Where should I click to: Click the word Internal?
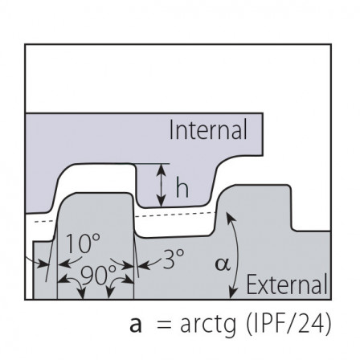tap(208, 130)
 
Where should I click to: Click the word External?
tap(287, 284)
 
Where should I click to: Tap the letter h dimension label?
tap(182, 187)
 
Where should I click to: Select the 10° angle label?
tap(83, 243)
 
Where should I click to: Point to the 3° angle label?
tap(174, 259)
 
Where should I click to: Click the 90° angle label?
tap(98, 275)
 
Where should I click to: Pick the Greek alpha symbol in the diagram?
tap(223, 265)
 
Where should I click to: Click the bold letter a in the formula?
tap(136, 325)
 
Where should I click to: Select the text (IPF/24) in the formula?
tap(288, 324)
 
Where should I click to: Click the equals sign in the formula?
tap(164, 325)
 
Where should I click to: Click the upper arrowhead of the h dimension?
tap(161, 169)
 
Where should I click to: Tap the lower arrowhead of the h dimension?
tap(161, 202)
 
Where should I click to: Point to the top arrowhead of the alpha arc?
tap(230, 216)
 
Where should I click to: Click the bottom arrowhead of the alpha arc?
tap(233, 293)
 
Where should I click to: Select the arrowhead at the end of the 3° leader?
tap(142, 266)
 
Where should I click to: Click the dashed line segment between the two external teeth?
tap(174, 215)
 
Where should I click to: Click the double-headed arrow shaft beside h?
tap(161, 186)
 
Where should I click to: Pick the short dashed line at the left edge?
tap(46, 221)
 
